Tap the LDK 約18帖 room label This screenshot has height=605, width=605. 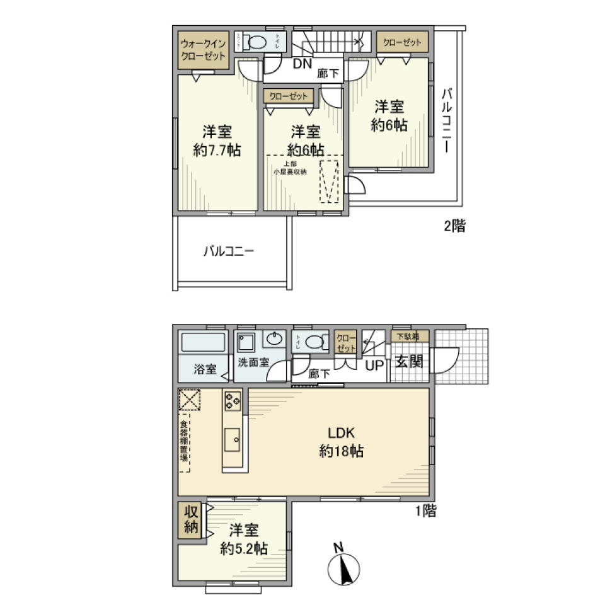pyautogui.click(x=341, y=442)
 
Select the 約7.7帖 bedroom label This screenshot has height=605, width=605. pyautogui.click(x=217, y=141)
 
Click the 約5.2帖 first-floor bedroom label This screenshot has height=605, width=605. pyautogui.click(x=244, y=539)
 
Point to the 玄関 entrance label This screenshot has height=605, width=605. pyautogui.click(x=408, y=363)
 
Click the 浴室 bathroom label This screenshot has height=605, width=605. pyautogui.click(x=205, y=369)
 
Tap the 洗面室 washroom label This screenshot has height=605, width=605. pyautogui.click(x=254, y=364)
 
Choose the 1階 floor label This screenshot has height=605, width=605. pyautogui.click(x=425, y=510)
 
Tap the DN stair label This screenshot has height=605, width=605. pyautogui.click(x=302, y=62)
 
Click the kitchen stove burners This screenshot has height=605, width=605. pyautogui.click(x=232, y=400)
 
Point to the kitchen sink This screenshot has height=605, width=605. pyautogui.click(x=231, y=437)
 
